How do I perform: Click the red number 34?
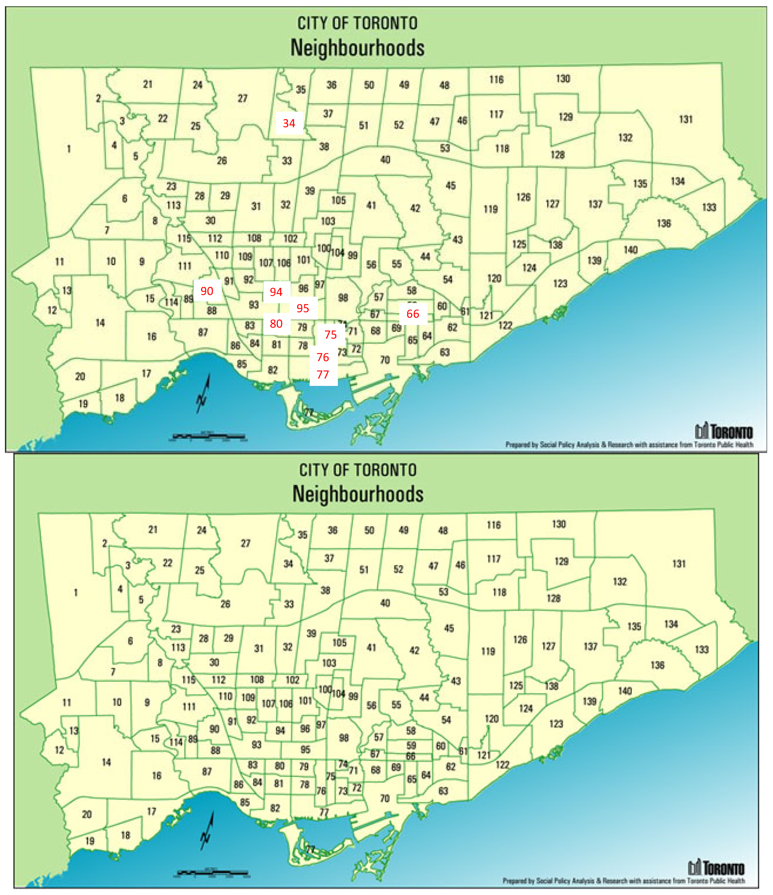click(289, 123)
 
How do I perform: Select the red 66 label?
click(413, 314)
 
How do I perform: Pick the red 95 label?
click(303, 308)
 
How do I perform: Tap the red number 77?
click(323, 374)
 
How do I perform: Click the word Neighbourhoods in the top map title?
click(357, 47)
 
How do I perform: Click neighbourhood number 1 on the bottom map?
click(76, 593)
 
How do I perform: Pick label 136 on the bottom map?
click(657, 665)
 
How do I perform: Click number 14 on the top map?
click(100, 323)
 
